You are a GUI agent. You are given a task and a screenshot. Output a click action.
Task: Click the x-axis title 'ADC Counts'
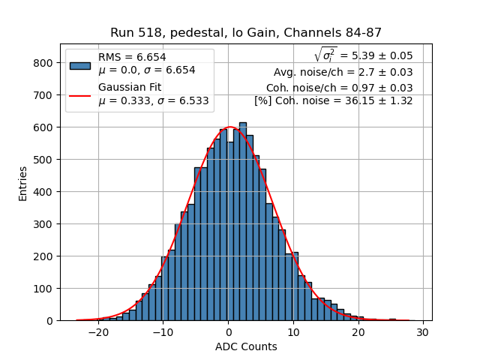coord(246,346)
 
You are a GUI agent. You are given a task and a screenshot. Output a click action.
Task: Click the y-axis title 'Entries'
coord(23,182)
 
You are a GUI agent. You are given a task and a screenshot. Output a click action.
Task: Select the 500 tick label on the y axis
coord(43,160)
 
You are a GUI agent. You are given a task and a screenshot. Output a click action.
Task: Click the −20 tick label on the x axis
coord(98,333)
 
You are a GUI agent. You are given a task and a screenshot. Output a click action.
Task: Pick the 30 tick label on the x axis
coord(423,333)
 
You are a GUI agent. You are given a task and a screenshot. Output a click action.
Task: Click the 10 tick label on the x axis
coord(293,333)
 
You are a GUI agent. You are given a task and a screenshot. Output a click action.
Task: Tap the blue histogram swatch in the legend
coord(80,64)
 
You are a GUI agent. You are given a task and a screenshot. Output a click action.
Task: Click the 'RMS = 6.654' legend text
coord(132,57)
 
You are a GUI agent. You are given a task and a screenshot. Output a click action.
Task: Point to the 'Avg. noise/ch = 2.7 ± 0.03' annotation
coord(343,72)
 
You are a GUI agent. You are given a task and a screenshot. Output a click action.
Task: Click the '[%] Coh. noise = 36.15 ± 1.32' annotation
coord(333,100)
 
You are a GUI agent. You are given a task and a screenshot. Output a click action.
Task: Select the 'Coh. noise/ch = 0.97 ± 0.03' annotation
coord(339,87)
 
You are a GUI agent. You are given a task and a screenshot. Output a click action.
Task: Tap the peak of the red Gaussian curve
coord(230,127)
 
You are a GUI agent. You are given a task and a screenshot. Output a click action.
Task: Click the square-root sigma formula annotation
coord(363,55)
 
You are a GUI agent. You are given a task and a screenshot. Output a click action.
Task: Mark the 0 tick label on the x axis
coord(229,333)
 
